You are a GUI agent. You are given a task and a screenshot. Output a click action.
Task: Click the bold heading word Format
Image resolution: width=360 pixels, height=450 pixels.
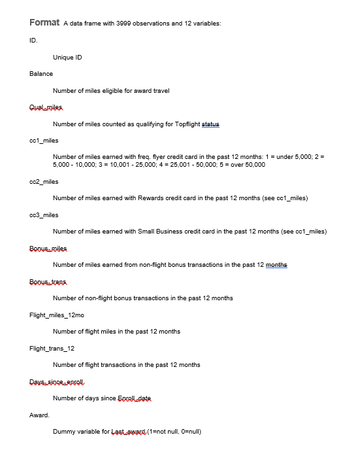(x=44, y=23)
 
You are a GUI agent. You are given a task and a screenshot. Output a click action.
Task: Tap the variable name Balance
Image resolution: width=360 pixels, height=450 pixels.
(x=41, y=74)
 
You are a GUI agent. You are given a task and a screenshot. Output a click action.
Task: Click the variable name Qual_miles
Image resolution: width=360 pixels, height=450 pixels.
(x=47, y=107)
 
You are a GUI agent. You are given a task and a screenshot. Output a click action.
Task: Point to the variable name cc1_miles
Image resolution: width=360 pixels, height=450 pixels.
(x=44, y=141)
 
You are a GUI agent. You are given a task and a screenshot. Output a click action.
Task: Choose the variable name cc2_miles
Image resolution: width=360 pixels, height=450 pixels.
(x=44, y=181)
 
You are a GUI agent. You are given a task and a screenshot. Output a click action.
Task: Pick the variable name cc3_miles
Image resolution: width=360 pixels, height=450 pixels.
(x=44, y=215)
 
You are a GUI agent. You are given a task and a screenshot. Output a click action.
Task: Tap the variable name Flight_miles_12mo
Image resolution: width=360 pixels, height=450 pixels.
(x=57, y=315)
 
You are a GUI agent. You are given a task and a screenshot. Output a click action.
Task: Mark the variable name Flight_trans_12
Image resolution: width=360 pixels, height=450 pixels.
(x=52, y=349)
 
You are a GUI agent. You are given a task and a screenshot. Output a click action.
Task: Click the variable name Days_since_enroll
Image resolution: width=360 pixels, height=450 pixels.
(x=57, y=382)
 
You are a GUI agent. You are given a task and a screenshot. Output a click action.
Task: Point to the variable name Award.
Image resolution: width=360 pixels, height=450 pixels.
(x=39, y=415)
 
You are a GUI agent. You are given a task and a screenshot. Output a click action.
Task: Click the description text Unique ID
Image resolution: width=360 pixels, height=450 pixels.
(x=67, y=58)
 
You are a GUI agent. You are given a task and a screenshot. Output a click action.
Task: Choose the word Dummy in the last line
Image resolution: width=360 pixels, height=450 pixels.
(x=63, y=432)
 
